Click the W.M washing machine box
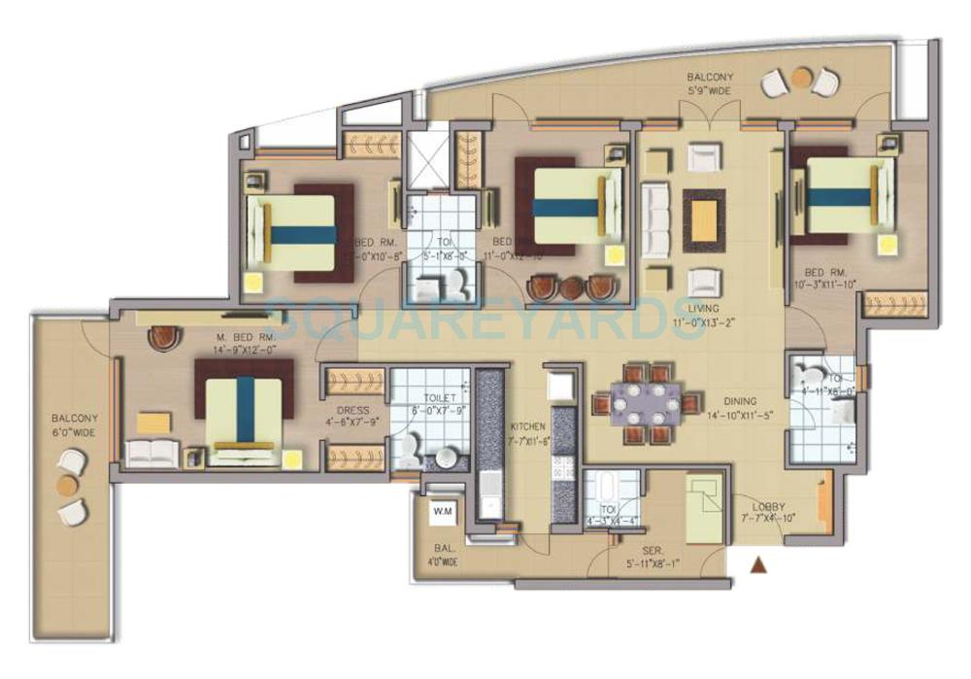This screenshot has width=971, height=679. click(443, 510)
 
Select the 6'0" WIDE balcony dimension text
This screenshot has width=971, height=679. click(76, 429)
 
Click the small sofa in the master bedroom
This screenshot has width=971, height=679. click(152, 451)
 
